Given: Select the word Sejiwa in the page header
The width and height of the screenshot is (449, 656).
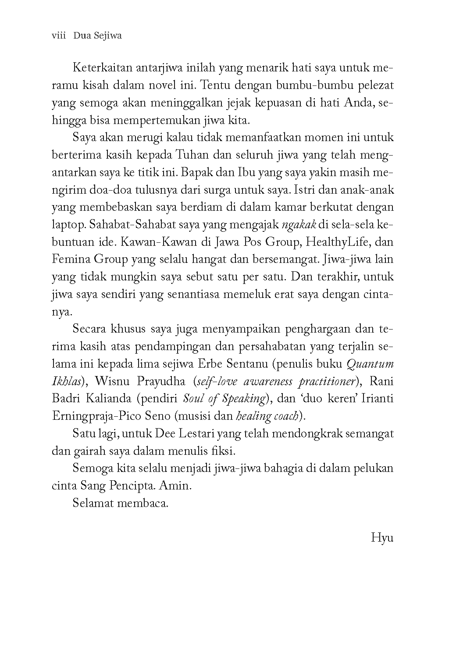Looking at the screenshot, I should pyautogui.click(x=107, y=36).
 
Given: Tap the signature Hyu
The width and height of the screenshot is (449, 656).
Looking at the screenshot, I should pyautogui.click(x=382, y=537).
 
